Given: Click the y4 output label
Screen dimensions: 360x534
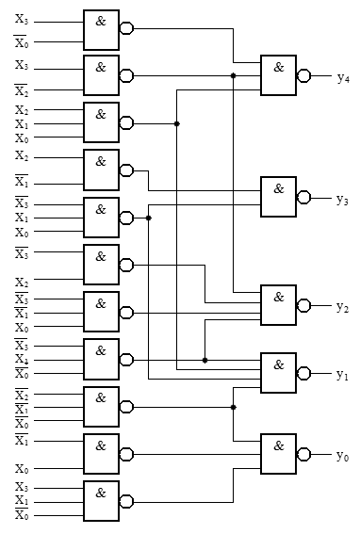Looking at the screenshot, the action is (x=343, y=78).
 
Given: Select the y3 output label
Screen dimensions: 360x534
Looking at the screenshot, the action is (x=342, y=200).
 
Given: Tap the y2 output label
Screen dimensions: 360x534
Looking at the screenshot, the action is (x=342, y=308).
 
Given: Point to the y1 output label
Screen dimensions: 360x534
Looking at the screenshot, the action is (x=342, y=375).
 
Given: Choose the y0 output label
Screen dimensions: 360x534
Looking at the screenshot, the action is (x=342, y=456).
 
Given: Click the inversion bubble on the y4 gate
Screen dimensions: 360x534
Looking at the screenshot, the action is (x=303, y=75).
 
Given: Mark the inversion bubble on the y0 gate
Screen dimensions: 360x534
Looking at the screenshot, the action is (x=303, y=454).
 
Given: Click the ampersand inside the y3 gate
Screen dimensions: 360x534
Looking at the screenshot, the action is (x=279, y=188).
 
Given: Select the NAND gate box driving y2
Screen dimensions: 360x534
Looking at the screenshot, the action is (x=279, y=305).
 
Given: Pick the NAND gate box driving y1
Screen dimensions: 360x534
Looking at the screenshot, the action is (x=279, y=373).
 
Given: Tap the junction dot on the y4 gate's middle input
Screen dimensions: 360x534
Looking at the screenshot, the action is (x=233, y=75).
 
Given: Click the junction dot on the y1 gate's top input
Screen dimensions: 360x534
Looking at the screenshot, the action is (x=205, y=361).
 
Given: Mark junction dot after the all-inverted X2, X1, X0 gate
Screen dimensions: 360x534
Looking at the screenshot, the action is (x=233, y=407).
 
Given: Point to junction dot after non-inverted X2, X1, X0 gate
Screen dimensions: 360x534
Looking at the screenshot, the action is (x=176, y=123).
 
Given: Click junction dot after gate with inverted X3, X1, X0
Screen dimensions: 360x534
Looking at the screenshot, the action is (x=148, y=218).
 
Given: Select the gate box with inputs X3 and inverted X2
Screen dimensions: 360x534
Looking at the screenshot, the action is (x=101, y=75).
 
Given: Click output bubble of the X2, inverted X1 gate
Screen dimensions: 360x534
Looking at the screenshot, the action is (x=126, y=170).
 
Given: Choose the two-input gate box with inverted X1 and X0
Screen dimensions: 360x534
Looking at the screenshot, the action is (x=101, y=454).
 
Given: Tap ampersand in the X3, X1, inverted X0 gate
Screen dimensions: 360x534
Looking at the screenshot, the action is (x=101, y=493).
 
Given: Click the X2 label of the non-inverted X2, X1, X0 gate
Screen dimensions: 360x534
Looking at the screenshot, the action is (x=22, y=110).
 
